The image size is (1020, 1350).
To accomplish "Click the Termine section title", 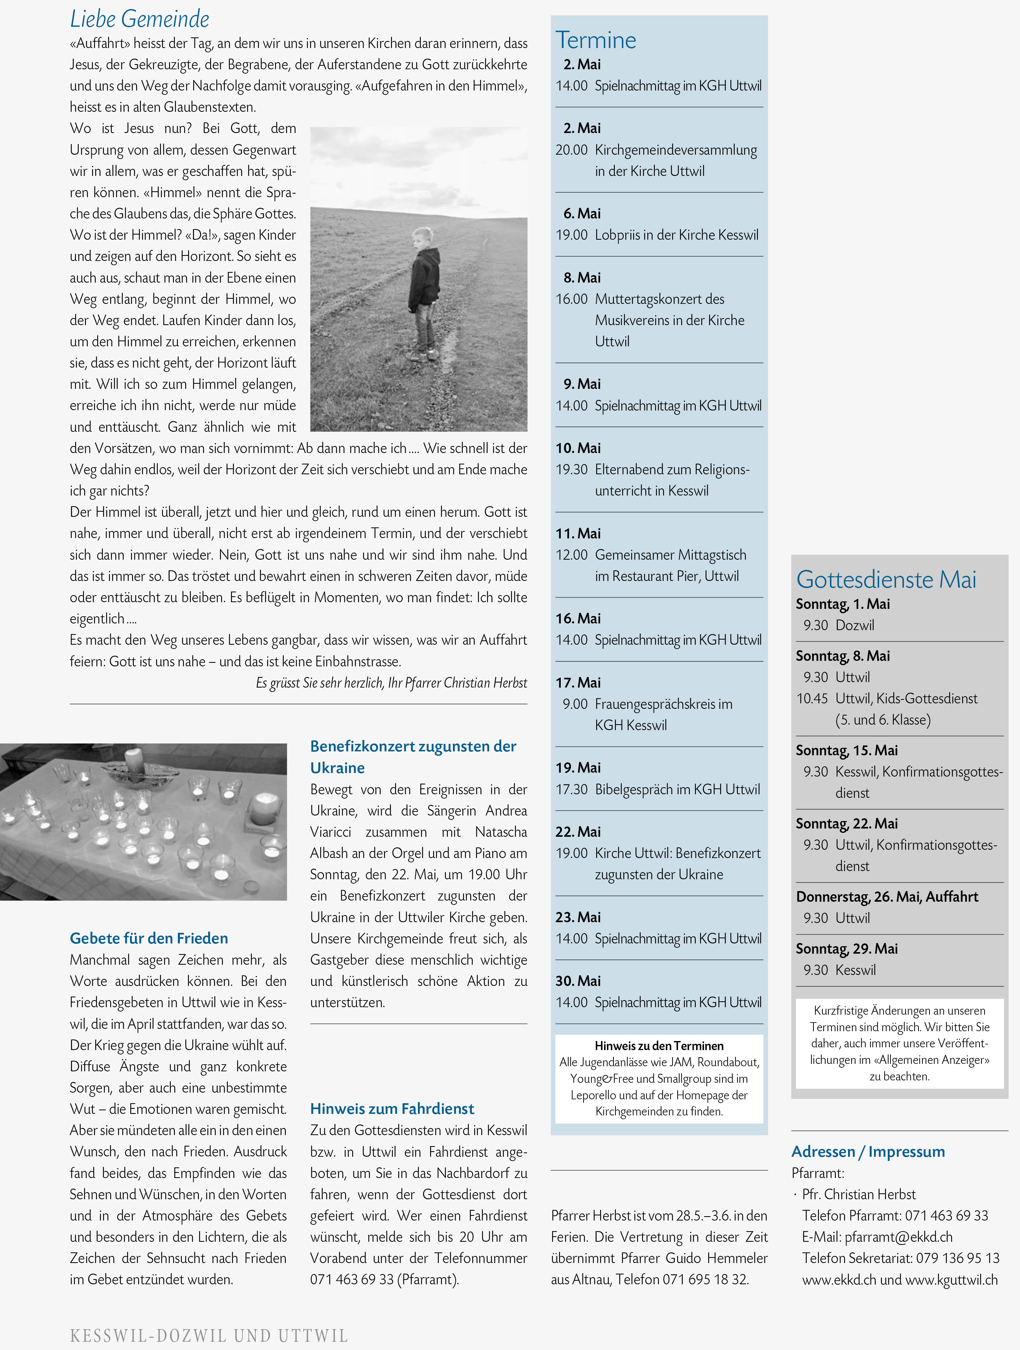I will tap(595, 40).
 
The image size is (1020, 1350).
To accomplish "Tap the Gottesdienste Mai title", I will tap(886, 579).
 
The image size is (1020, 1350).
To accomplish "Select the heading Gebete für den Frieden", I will tap(149, 938).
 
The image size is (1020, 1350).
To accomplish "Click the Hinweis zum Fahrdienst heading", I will tap(392, 1108).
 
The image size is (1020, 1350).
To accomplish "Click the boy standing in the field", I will tap(425, 292).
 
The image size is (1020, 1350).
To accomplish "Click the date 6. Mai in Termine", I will tap(582, 214).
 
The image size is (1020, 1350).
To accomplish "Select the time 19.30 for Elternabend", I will tap(572, 469).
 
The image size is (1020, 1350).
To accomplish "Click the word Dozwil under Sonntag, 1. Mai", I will tap(855, 625).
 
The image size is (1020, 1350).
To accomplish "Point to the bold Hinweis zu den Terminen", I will tap(659, 1045).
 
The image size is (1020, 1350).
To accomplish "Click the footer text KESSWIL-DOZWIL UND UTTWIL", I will tap(209, 1336).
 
